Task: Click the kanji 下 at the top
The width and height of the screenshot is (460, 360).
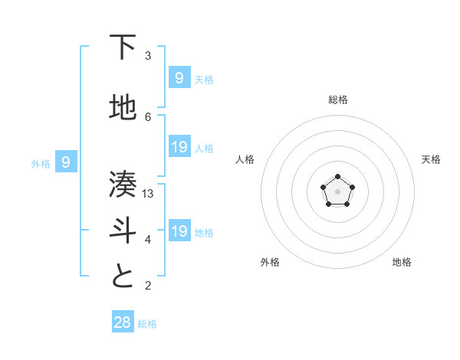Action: (x=123, y=47)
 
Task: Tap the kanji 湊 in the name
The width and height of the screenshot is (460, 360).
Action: (x=123, y=185)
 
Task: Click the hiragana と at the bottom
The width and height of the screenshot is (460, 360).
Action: (x=123, y=277)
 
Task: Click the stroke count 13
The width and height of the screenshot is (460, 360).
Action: (x=149, y=194)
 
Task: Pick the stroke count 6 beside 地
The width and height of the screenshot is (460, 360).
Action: (x=149, y=116)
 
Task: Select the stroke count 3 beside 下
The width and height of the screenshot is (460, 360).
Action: (x=149, y=56)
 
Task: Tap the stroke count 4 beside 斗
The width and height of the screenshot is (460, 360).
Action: (x=149, y=240)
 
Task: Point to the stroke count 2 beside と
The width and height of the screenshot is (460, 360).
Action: (x=149, y=286)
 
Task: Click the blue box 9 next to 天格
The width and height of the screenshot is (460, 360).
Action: (x=179, y=77)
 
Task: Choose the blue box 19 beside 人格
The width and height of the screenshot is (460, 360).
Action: (x=179, y=147)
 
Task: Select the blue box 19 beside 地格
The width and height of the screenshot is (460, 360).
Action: (x=179, y=231)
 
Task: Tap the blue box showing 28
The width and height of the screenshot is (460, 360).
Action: (x=123, y=322)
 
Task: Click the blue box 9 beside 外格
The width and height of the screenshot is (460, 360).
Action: (x=66, y=162)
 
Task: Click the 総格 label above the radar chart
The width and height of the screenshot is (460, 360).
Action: (x=338, y=100)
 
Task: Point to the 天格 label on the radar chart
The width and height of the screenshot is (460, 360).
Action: (x=431, y=159)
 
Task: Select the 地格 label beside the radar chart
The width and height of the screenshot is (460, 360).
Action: (x=402, y=262)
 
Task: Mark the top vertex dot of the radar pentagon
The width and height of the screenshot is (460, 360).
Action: (x=338, y=177)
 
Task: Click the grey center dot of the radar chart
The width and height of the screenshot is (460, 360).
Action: (x=338, y=191)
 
